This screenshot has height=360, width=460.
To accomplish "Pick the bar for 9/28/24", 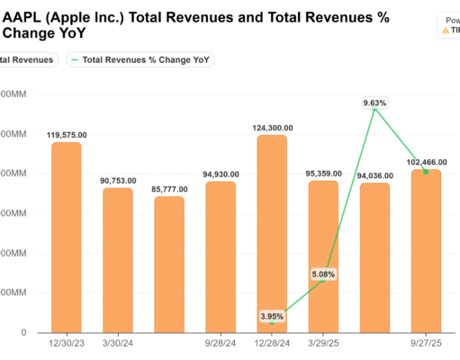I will tap(221, 256).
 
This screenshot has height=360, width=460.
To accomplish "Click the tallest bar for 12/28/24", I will tap(272, 233).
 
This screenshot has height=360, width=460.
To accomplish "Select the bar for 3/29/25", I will tap(323, 256).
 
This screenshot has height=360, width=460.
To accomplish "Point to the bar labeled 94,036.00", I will tap(374, 257).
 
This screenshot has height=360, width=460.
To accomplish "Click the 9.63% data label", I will tap(374, 103).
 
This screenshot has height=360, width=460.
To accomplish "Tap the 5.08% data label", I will tap(323, 274).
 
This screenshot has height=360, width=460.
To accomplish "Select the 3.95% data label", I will tap(272, 316).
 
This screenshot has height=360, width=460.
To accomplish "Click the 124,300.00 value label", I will tap(272, 127).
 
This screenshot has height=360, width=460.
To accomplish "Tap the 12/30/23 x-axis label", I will tap(66, 343).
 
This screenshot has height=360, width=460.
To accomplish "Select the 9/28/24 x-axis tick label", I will tap(221, 343).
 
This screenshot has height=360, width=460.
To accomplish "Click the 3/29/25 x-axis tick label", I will tap(323, 343).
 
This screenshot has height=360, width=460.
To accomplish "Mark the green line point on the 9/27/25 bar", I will tap(426, 171).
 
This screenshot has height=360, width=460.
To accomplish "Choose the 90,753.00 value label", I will tap(118, 180).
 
